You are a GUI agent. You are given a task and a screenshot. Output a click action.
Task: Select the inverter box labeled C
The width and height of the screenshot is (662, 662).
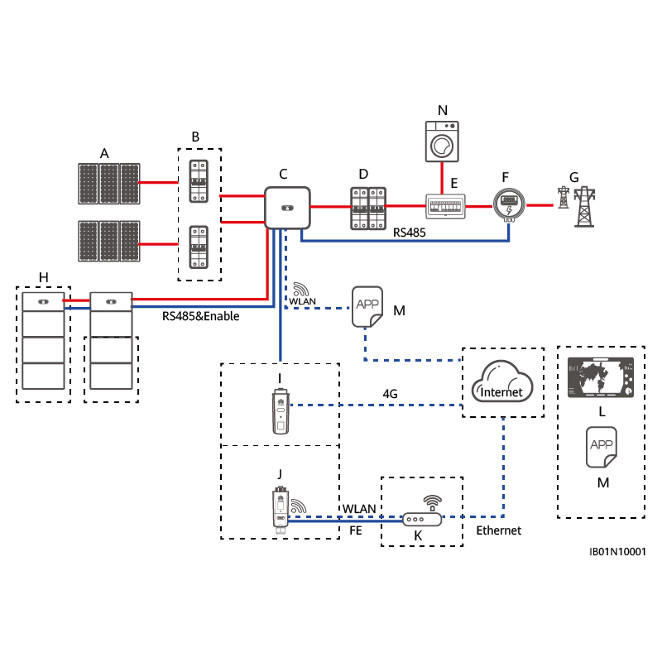click(x=286, y=207)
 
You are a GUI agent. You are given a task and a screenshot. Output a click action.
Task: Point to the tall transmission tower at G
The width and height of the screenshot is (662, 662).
click(x=585, y=207)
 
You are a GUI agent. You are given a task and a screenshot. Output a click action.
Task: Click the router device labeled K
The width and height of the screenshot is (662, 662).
click(x=422, y=519)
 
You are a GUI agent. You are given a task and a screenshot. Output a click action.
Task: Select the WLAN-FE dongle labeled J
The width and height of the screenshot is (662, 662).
click(x=280, y=508)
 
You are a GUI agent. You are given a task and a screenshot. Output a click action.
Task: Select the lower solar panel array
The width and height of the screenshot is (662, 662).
click(x=108, y=241)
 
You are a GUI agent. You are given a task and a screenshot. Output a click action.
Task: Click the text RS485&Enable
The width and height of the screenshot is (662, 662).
click(x=200, y=316)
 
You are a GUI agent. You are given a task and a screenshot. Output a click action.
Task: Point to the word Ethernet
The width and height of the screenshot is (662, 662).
click(x=499, y=530)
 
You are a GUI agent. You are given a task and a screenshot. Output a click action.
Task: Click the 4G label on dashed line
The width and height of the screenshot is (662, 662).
click(x=390, y=395)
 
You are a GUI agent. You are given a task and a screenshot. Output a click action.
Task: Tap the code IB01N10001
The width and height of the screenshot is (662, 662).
click(x=617, y=551)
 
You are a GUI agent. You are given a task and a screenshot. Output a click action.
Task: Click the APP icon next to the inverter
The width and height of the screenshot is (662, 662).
click(x=367, y=305)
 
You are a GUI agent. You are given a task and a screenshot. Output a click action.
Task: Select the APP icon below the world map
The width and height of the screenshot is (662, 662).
click(x=602, y=448)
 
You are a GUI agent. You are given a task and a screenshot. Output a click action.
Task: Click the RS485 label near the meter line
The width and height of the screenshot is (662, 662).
click(x=409, y=233)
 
